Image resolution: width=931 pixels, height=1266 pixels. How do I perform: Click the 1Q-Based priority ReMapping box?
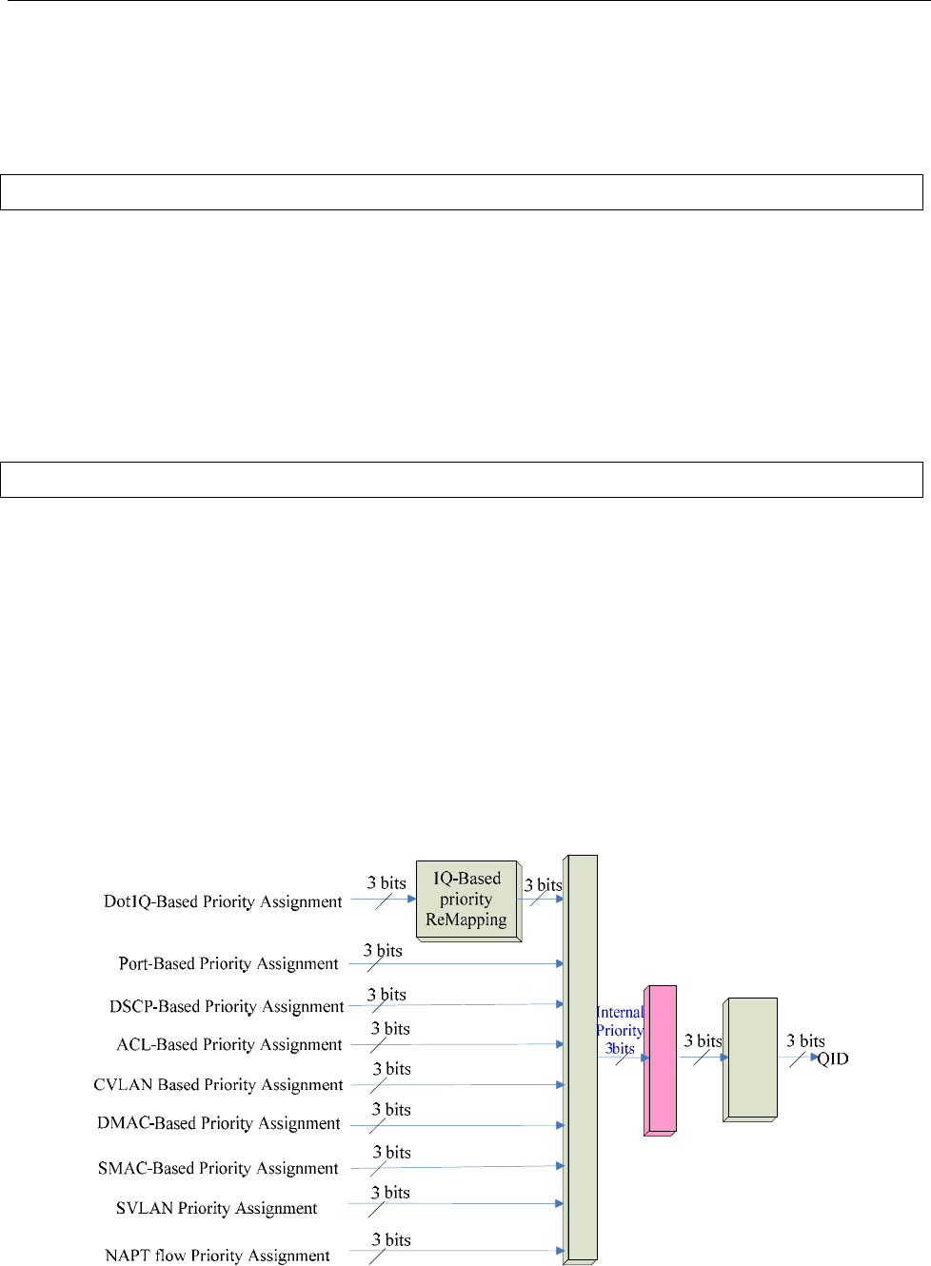tap(466, 900)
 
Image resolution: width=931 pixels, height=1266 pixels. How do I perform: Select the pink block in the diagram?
tap(661, 1058)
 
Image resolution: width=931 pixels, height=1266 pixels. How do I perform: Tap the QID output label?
tap(833, 1058)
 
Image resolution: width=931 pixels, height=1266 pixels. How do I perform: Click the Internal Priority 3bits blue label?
tap(620, 1031)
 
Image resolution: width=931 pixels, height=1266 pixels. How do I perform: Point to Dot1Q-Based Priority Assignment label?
tap(223, 901)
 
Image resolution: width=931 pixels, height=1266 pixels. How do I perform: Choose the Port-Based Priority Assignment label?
tap(228, 963)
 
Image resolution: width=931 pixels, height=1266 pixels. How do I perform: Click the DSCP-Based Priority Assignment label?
tap(227, 1006)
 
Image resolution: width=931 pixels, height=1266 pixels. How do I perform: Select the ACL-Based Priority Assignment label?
tap(229, 1044)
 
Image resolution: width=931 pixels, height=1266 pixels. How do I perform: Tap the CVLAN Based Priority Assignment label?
tap(218, 1084)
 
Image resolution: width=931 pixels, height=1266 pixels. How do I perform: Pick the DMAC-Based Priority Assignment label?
tap(219, 1123)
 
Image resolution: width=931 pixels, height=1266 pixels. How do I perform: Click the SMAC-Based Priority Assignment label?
tap(218, 1168)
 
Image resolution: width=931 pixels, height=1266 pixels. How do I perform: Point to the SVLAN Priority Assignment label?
tap(217, 1208)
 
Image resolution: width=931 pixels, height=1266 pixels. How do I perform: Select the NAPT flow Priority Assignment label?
tap(218, 1256)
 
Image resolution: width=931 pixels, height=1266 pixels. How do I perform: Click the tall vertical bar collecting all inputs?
tap(581, 1057)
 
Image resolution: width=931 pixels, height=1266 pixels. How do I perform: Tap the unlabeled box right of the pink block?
tap(751, 1058)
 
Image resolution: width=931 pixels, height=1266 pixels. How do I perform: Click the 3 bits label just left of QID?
tap(805, 1041)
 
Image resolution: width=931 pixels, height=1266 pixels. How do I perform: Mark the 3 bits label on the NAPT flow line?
tap(391, 1239)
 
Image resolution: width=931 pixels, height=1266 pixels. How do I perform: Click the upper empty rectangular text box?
tap(462, 191)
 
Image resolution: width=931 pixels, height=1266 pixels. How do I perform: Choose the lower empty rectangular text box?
tap(462, 479)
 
